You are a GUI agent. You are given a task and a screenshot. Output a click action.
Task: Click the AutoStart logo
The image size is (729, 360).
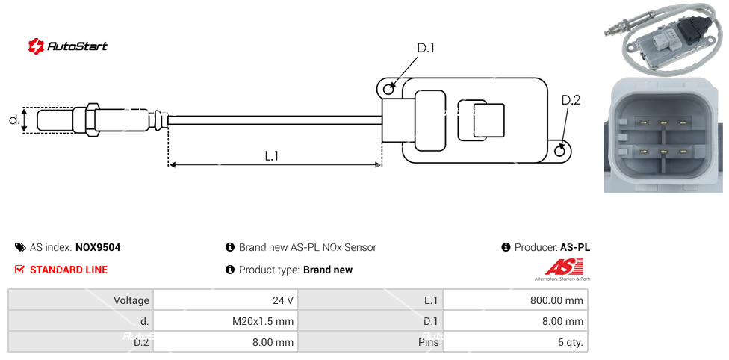pyautogui.click(x=67, y=46)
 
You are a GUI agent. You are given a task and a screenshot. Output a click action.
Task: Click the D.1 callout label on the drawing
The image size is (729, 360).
pyautogui.click(x=425, y=49)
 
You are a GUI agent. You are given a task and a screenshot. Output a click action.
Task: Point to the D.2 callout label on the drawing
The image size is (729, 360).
pyautogui.click(x=571, y=100)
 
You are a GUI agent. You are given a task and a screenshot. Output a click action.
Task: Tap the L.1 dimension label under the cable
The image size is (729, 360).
pyautogui.click(x=272, y=156)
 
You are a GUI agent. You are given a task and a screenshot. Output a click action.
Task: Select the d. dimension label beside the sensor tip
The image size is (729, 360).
pyautogui.click(x=13, y=120)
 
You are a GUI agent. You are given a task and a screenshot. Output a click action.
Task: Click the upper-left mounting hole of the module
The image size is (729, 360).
pyautogui.click(x=388, y=90)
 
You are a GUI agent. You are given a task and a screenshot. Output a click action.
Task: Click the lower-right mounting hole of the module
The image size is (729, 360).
pyautogui.click(x=561, y=152)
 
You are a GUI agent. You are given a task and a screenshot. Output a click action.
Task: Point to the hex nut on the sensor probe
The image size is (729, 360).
pyautogui.click(x=92, y=120)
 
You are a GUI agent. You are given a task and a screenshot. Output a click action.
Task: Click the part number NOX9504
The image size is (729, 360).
pyautogui.click(x=98, y=248)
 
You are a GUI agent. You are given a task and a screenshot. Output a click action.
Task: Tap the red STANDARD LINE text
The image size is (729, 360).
pyautogui.click(x=69, y=270)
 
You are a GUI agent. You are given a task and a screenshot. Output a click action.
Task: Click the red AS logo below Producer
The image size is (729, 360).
pyautogui.click(x=559, y=267)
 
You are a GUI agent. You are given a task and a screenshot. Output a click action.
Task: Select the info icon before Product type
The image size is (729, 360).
pyautogui.click(x=230, y=270)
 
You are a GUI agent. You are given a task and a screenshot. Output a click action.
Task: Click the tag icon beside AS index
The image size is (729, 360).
pyautogui.click(x=19, y=248)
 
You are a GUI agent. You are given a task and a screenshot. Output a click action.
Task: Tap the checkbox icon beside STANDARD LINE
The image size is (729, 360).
pyautogui.click(x=19, y=270)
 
